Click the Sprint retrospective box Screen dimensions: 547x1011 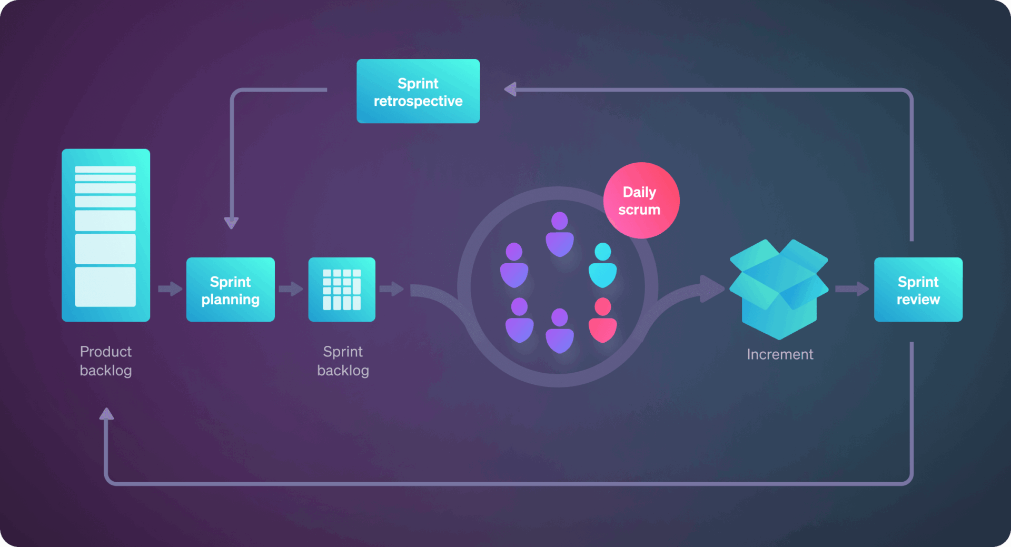coord(418,92)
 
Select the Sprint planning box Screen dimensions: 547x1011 coord(230,290)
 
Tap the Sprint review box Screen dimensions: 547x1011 coord(918,290)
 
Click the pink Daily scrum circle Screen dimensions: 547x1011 coord(641,201)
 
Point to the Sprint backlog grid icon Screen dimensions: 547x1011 coord(342,290)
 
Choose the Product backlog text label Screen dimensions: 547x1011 coord(106,361)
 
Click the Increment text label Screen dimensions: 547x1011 coord(780,354)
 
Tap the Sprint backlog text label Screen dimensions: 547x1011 coord(343,361)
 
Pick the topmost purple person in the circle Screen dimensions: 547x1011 coord(559,234)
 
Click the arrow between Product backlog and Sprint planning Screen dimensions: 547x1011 coord(170,289)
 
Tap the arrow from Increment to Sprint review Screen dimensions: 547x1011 coord(851,289)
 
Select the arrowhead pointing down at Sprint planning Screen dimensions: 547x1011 coord(231,223)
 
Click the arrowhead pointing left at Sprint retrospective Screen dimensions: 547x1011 coord(510,89)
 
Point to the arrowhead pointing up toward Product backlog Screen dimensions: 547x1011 coord(106,414)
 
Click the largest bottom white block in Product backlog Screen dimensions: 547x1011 coord(105,287)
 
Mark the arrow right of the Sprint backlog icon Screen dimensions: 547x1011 coord(391,289)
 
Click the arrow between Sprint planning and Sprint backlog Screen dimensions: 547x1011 coord(291,289)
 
